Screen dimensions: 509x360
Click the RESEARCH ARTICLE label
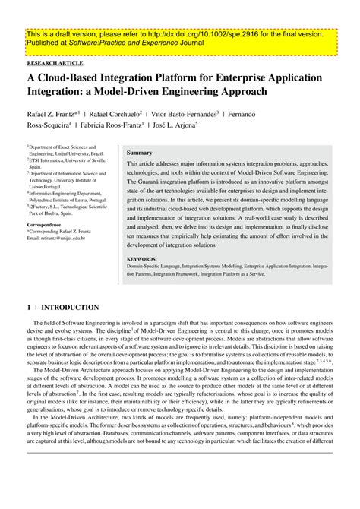(55, 65)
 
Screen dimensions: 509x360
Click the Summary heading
(140, 153)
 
